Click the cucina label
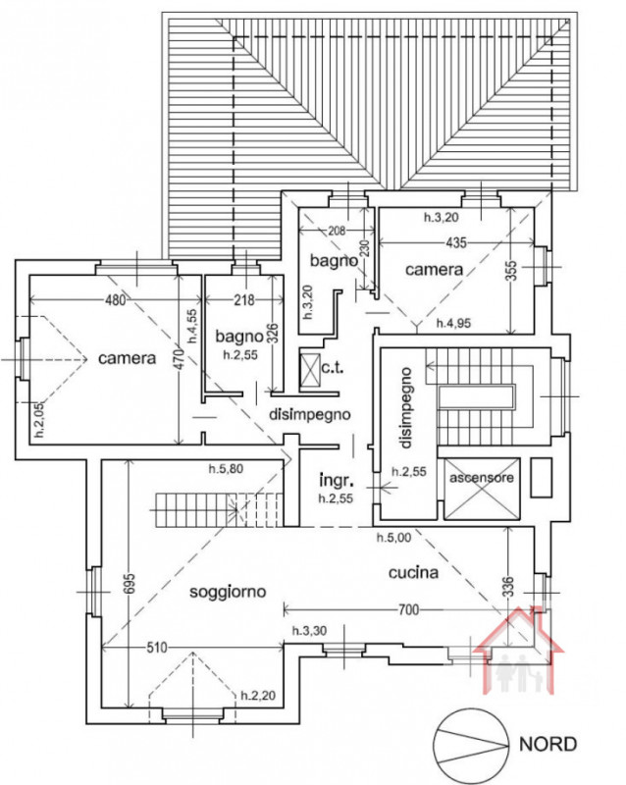coord(413,572)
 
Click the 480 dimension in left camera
coord(115,301)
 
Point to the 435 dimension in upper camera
coord(454,242)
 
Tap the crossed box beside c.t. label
coord(310,370)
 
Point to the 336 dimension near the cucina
coord(508,587)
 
